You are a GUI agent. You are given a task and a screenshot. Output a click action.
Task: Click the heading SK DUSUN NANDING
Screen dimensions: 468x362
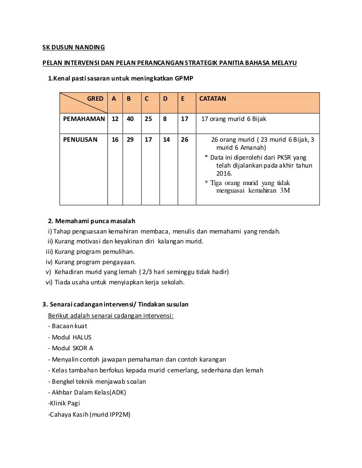click(x=71, y=48)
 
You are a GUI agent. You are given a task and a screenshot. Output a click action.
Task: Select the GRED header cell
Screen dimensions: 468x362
click(x=95, y=99)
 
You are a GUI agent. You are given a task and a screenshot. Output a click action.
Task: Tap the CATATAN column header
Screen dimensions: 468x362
click(x=213, y=99)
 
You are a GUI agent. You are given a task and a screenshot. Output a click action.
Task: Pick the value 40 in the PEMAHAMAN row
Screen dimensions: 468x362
click(x=130, y=119)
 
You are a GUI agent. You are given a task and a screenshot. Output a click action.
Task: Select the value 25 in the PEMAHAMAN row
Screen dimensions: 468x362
click(x=148, y=119)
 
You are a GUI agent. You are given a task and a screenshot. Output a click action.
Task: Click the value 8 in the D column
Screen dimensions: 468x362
click(x=165, y=119)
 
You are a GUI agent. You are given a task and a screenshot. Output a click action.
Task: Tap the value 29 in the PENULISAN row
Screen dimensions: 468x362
click(x=130, y=140)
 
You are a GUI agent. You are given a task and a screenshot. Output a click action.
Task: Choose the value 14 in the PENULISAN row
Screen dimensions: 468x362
click(x=166, y=140)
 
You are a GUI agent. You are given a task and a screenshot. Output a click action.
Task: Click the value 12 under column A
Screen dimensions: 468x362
click(x=115, y=119)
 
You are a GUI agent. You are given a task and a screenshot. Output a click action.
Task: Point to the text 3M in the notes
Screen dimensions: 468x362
click(x=285, y=191)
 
